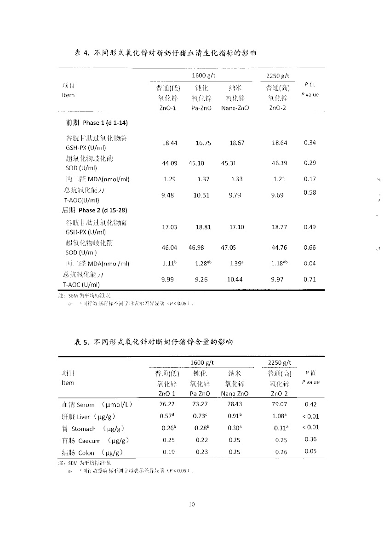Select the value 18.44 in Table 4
[170, 143]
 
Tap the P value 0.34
[310, 143]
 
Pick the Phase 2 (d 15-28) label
[94, 210]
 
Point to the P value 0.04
[310, 264]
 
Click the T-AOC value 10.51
[201, 195]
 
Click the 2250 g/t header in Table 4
[278, 76]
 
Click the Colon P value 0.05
[310, 451]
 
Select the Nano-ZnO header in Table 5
[235, 394]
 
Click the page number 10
[192, 505]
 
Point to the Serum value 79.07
[279, 404]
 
